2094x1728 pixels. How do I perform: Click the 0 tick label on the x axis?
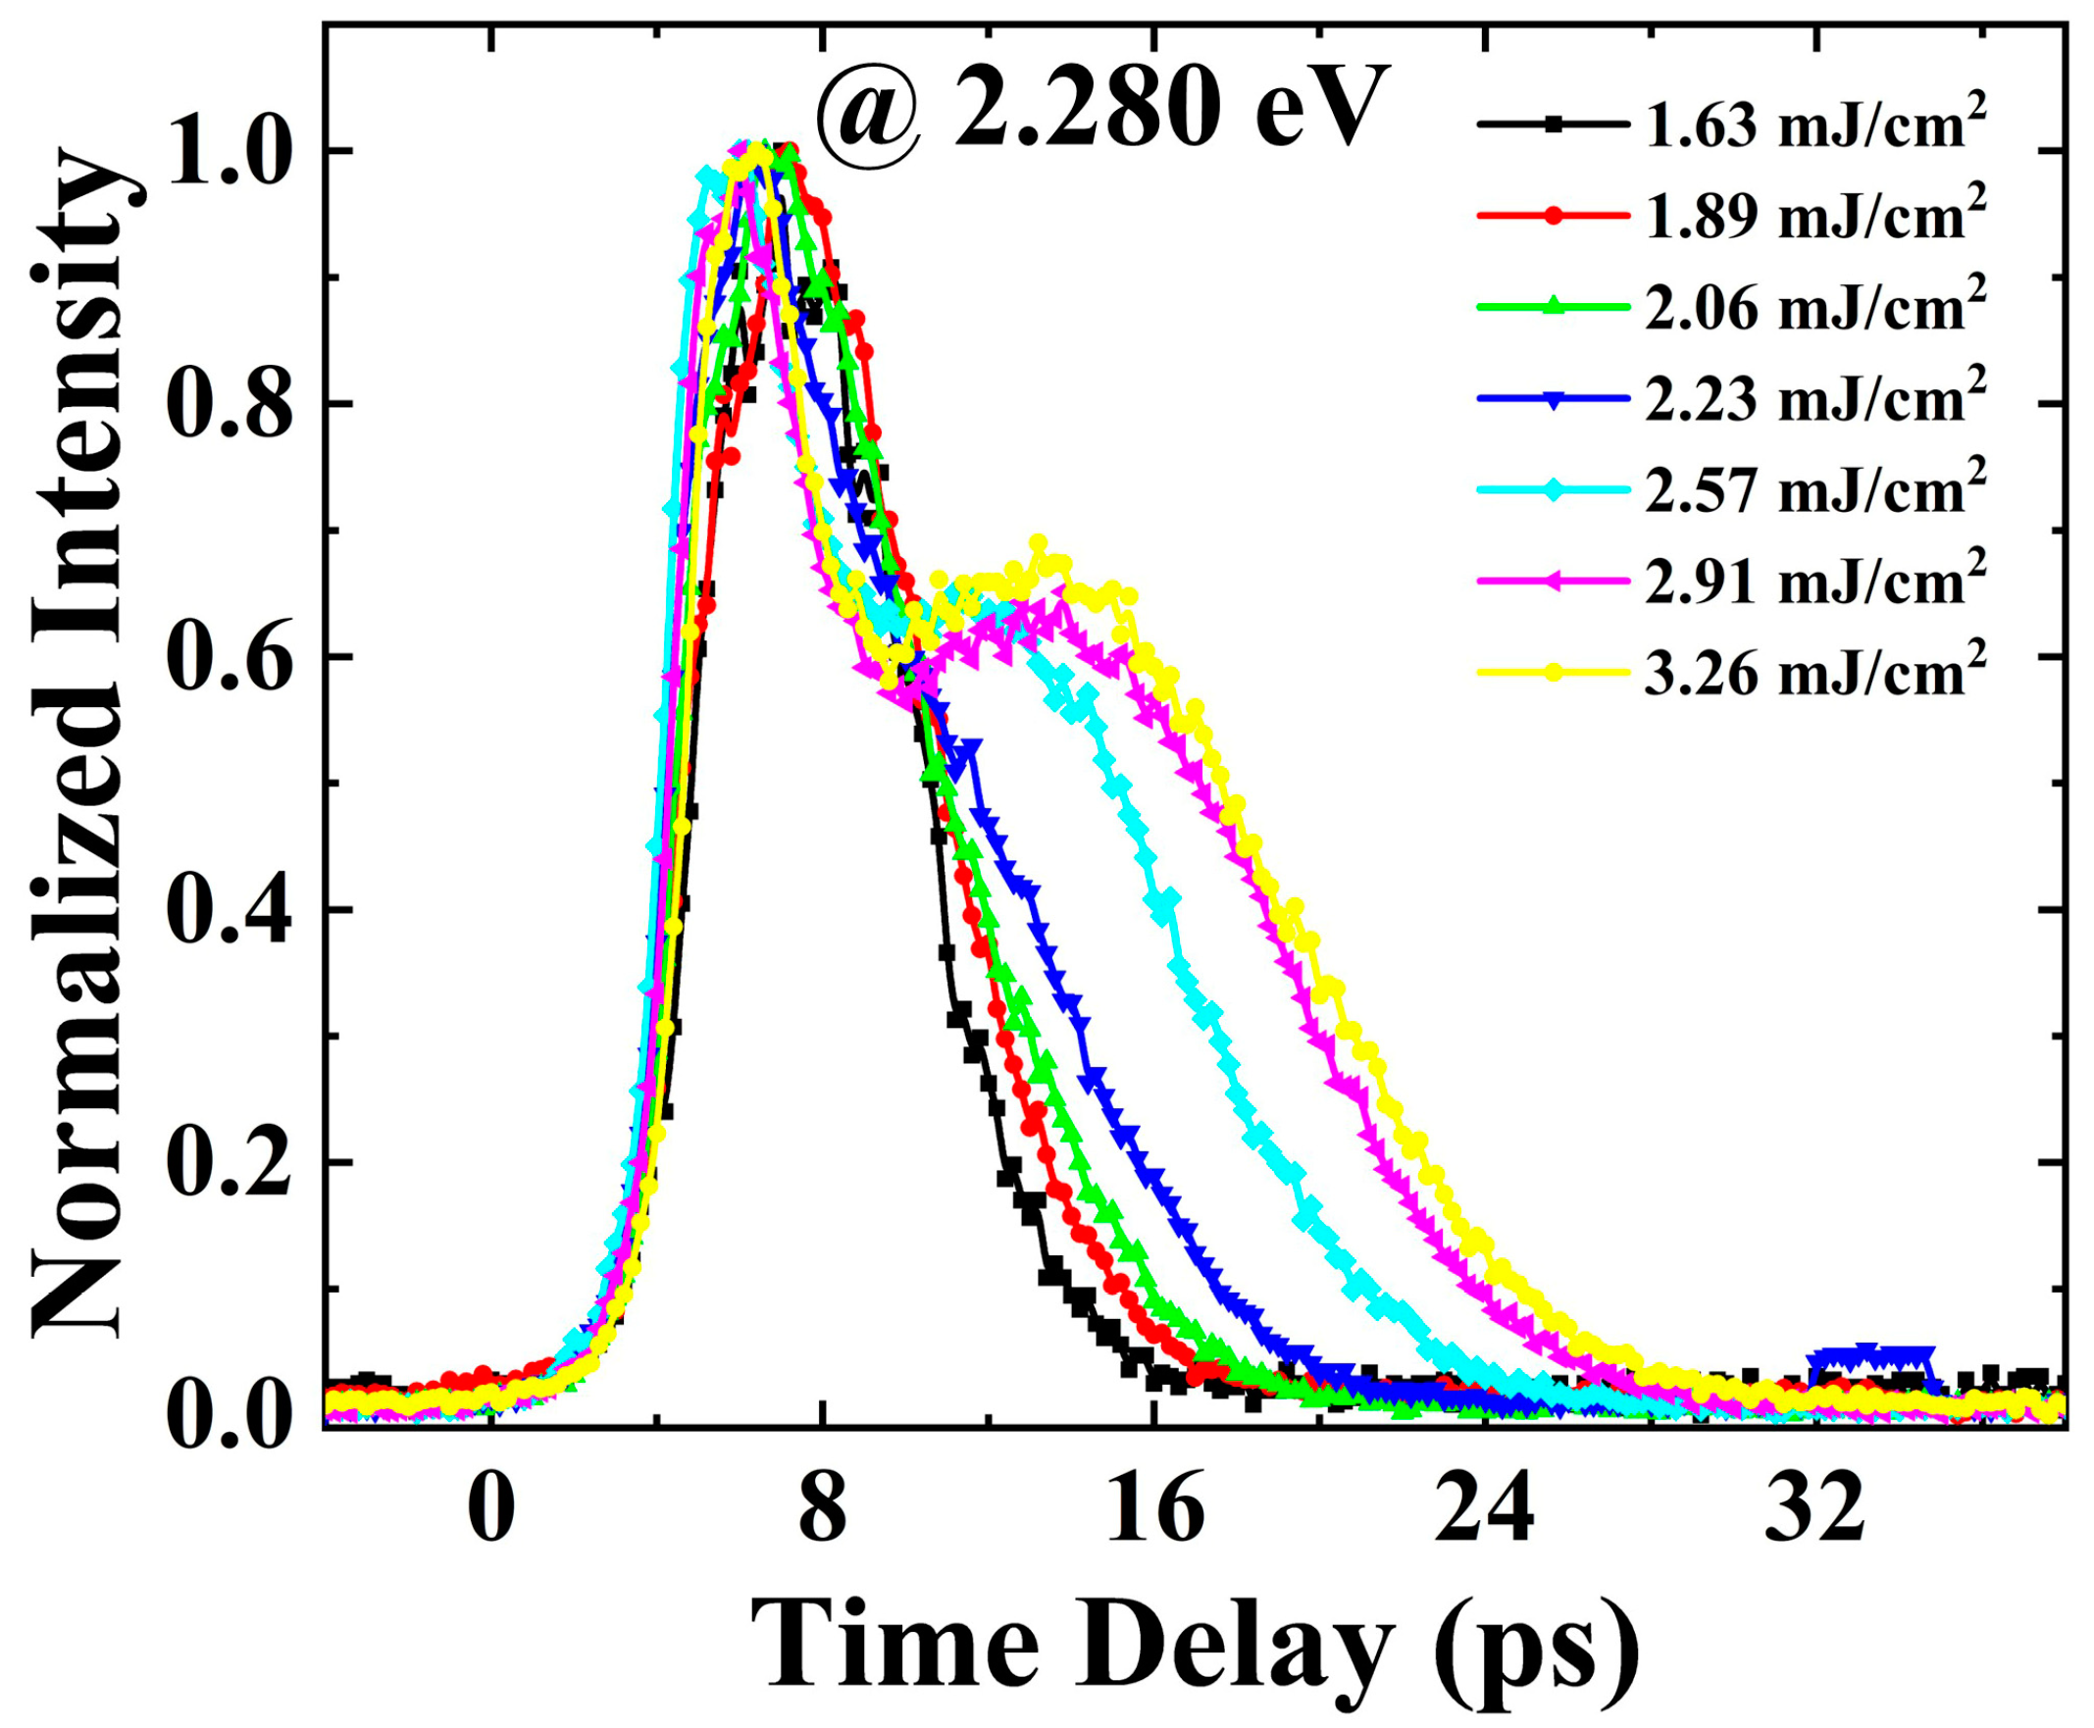[490, 1511]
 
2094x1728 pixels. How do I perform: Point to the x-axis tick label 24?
[1484, 1511]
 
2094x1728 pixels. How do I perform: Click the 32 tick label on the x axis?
[1814, 1511]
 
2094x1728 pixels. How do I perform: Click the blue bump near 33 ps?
[1871, 1355]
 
